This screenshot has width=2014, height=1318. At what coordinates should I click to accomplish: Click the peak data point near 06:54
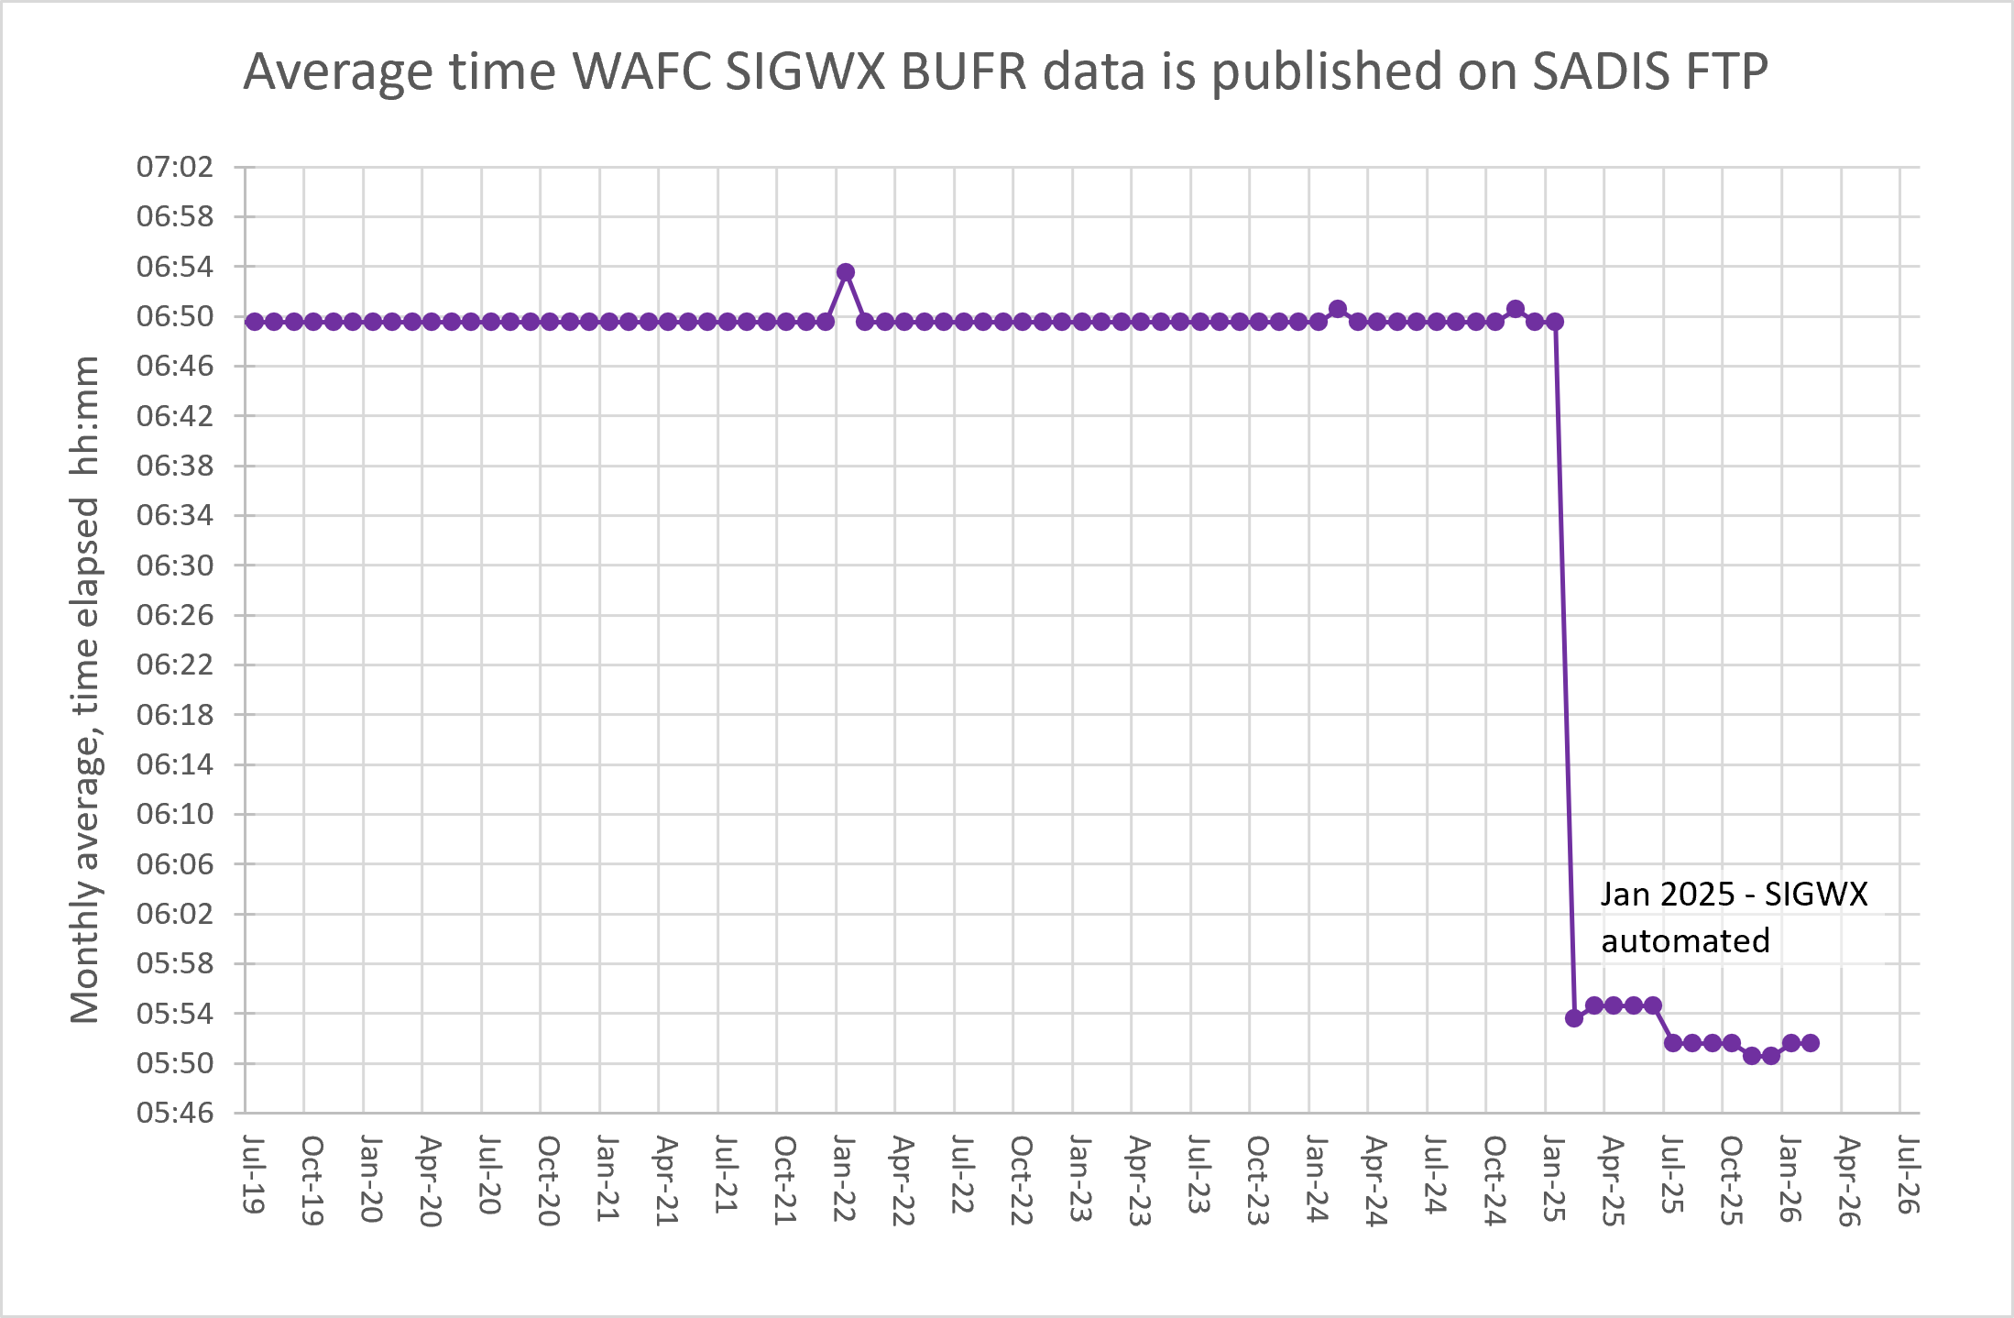point(846,272)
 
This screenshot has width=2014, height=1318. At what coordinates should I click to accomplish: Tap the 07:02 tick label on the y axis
point(174,167)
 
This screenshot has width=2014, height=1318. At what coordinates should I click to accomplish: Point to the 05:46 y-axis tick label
point(174,1113)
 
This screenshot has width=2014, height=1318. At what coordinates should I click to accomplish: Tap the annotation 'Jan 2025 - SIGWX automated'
point(1732,917)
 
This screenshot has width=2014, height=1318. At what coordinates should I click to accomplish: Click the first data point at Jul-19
point(254,322)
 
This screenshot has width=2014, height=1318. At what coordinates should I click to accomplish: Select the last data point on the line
point(1811,1043)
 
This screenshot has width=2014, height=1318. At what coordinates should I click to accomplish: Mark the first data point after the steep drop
point(1574,1018)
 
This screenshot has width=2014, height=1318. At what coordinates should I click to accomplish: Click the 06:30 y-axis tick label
point(174,565)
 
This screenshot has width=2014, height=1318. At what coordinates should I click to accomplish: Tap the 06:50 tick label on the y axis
point(174,316)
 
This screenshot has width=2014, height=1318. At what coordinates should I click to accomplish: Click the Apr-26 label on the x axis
point(1850,1181)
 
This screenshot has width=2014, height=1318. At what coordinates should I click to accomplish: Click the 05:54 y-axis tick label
point(174,1013)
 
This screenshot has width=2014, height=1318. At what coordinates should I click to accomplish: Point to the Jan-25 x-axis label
point(1554,1178)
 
